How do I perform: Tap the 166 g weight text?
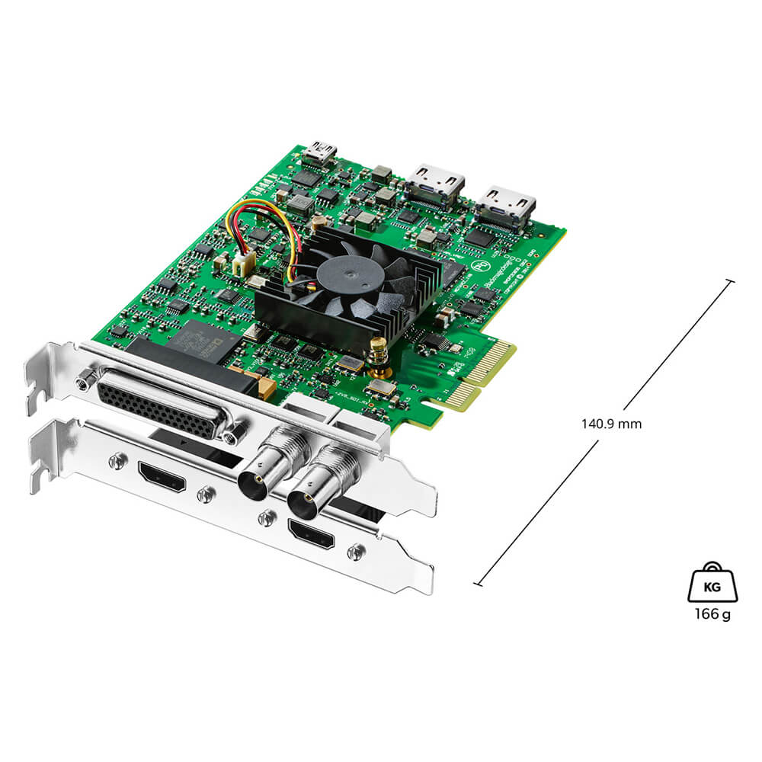click(x=712, y=614)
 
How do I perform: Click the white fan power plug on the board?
click(x=242, y=264)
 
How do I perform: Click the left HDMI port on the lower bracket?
click(x=162, y=475)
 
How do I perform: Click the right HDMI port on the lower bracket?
click(x=310, y=533)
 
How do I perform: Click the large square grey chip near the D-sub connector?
click(x=200, y=341)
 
